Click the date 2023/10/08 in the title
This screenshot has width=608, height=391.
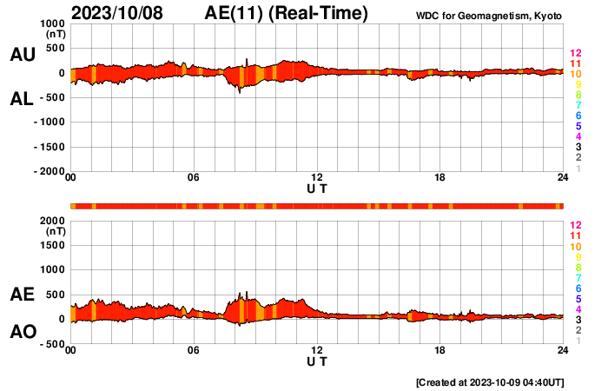(123, 13)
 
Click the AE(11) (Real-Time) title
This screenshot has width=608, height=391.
(287, 13)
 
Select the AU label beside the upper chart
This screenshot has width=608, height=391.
(22, 55)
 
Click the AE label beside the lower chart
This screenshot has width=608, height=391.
(22, 295)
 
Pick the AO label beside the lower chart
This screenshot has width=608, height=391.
(22, 332)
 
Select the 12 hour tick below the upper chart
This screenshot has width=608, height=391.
(317, 178)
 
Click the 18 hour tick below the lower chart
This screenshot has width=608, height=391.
(440, 350)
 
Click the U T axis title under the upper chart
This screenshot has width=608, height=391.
(317, 188)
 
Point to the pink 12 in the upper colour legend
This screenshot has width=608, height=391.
(574, 54)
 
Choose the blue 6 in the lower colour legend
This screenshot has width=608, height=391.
(578, 288)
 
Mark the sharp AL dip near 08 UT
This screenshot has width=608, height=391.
(240, 90)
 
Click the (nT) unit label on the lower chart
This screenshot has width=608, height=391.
(56, 232)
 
